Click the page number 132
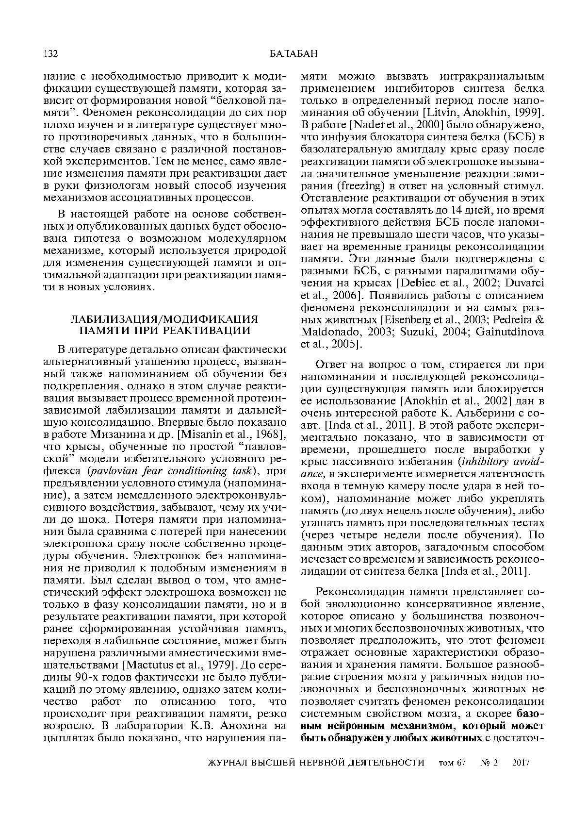(50, 53)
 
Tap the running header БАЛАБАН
(293, 53)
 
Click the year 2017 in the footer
(521, 762)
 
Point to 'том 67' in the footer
(452, 762)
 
